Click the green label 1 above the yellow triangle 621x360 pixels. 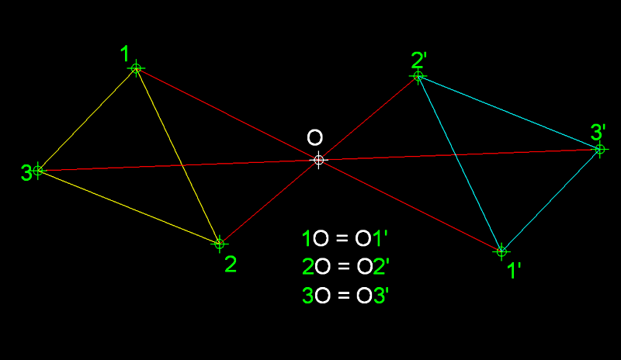125,54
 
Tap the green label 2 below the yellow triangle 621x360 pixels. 231,264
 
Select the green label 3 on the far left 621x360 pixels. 26,173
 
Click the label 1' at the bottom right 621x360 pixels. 514,271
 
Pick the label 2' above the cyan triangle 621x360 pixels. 419,61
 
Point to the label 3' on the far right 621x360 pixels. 598,132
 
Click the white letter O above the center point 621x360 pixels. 315,138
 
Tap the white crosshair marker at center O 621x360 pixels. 319,160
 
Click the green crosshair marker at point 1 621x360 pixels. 137,68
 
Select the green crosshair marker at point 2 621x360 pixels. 220,244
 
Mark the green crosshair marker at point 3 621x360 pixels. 38,171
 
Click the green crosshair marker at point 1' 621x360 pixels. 501,251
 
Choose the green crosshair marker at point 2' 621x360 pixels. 418,76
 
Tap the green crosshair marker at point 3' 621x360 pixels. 600,149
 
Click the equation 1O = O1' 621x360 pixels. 345,238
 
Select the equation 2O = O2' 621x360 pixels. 345,267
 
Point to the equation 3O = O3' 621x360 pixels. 345,296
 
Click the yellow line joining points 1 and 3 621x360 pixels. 87,119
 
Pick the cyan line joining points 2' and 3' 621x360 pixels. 509,112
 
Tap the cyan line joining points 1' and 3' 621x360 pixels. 551,200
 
